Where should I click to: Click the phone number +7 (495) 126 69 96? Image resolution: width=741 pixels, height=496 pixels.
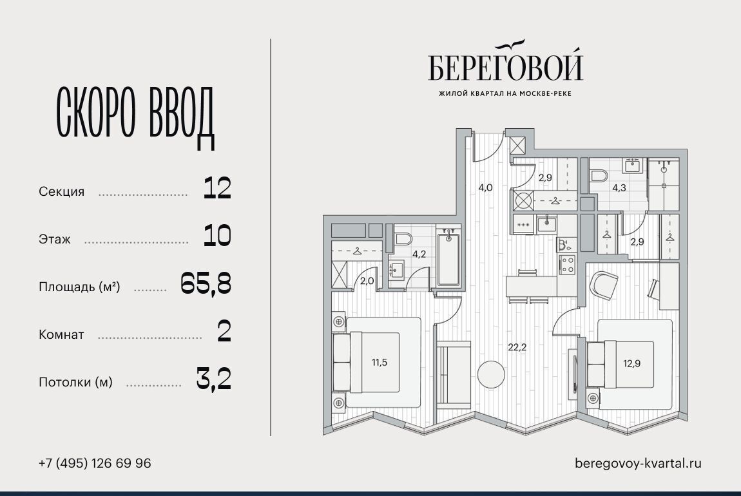pyautogui.click(x=95, y=463)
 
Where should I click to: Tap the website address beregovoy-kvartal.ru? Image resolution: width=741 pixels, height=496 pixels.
pyautogui.click(x=638, y=463)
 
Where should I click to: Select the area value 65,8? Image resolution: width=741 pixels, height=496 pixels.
pyautogui.click(x=206, y=284)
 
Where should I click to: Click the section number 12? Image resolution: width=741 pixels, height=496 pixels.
pyautogui.click(x=217, y=188)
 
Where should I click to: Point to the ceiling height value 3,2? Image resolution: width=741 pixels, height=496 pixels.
pyautogui.click(x=214, y=379)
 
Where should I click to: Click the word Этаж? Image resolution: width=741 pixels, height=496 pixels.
pyautogui.click(x=55, y=240)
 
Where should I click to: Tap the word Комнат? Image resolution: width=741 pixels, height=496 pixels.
pyautogui.click(x=61, y=334)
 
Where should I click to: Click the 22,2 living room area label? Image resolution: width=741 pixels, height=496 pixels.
pyautogui.click(x=517, y=347)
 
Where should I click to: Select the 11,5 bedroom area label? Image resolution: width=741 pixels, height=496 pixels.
pyautogui.click(x=380, y=362)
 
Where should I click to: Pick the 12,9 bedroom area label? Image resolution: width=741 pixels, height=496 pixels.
pyautogui.click(x=631, y=363)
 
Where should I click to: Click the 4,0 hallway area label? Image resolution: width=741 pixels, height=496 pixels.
pyautogui.click(x=485, y=187)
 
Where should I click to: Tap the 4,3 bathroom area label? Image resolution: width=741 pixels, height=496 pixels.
pyautogui.click(x=619, y=187)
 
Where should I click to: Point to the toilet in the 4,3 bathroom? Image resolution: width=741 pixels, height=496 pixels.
pyautogui.click(x=599, y=176)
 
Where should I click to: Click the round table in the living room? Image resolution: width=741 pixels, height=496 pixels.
pyautogui.click(x=491, y=375)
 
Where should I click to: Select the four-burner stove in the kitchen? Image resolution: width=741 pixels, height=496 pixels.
pyautogui.click(x=567, y=265)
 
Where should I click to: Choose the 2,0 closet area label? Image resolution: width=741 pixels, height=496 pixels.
pyautogui.click(x=367, y=281)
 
